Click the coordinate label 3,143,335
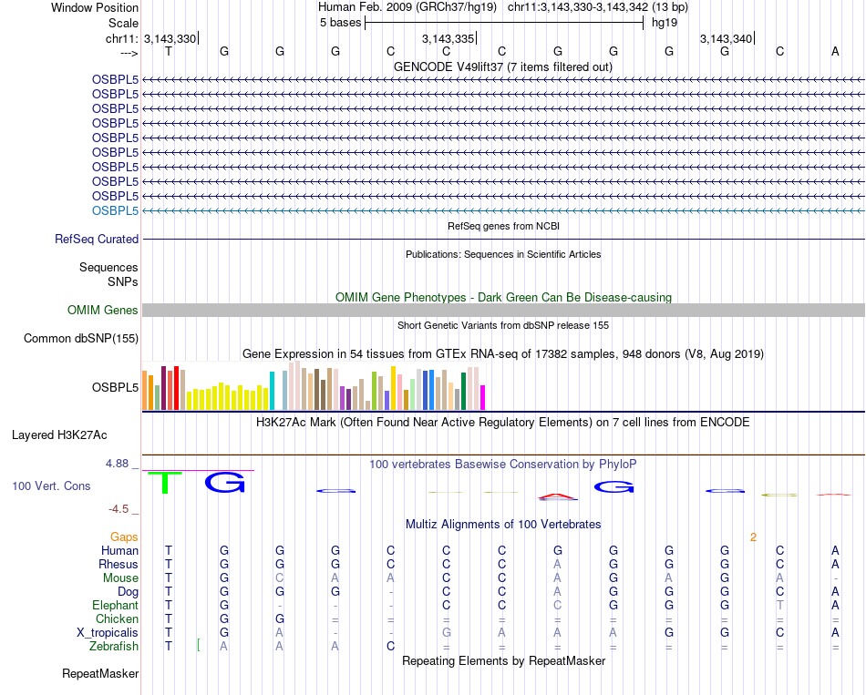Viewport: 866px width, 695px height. click(448, 38)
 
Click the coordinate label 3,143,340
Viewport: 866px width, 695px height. click(727, 38)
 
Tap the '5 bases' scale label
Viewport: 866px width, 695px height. click(340, 23)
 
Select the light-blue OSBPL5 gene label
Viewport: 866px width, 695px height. click(115, 210)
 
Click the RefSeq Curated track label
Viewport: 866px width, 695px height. click(97, 239)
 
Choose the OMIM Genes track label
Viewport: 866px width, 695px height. click(103, 311)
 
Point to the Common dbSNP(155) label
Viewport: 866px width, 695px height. click(81, 339)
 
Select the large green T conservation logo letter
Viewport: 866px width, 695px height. click(165, 482)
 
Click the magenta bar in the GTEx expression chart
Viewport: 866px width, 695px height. click(482, 398)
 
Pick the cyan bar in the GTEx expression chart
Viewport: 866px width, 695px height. click(272, 391)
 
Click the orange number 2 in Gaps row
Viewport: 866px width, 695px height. click(753, 537)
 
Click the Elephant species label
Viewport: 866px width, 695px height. click(115, 605)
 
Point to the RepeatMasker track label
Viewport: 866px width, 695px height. click(100, 674)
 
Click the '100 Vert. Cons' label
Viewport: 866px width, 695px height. click(51, 486)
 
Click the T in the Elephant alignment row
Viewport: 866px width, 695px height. click(779, 605)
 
